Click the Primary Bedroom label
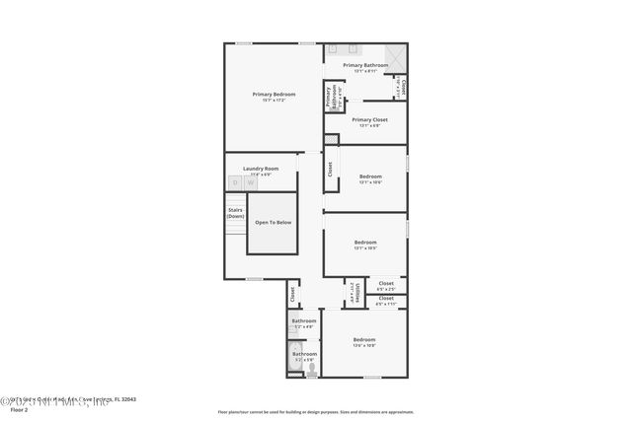tap(273, 94)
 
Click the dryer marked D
tap(235, 182)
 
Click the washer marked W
tap(251, 182)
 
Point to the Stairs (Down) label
tap(235, 212)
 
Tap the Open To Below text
tap(273, 223)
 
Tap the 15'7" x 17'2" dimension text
tap(273, 101)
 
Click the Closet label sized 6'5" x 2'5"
tap(385, 284)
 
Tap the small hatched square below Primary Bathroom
tap(331, 139)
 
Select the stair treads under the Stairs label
tap(235, 230)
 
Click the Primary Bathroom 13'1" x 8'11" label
tap(365, 65)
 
